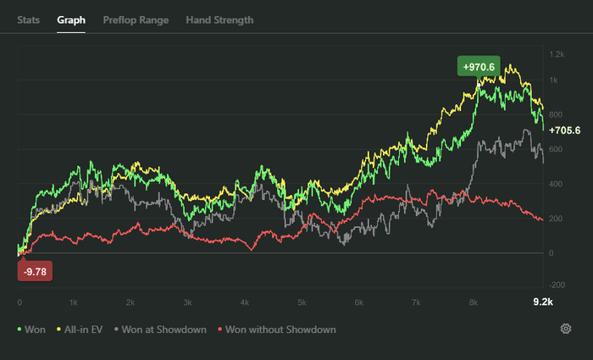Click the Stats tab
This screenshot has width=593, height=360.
click(x=28, y=19)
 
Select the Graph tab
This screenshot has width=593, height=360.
click(x=71, y=19)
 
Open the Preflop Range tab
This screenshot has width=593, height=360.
click(x=136, y=19)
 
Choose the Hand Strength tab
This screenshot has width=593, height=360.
click(x=219, y=19)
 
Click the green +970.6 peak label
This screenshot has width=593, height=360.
click(x=479, y=65)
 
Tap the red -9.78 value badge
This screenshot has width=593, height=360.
click(x=36, y=271)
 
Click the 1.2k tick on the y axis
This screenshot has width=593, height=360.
click(x=557, y=54)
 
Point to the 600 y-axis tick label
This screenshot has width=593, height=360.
click(x=557, y=149)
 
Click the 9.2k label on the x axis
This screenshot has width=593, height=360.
click(x=541, y=302)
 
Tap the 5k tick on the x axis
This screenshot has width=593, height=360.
click(x=302, y=302)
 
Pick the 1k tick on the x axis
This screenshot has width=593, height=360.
click(x=75, y=302)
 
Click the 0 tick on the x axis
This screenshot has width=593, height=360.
click(x=19, y=302)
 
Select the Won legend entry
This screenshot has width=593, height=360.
click(x=31, y=330)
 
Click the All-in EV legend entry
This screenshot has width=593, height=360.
click(x=82, y=330)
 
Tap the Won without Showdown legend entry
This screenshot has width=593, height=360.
click(x=276, y=330)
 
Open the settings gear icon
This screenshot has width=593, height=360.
click(x=565, y=329)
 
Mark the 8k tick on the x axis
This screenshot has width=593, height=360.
click(x=473, y=302)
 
